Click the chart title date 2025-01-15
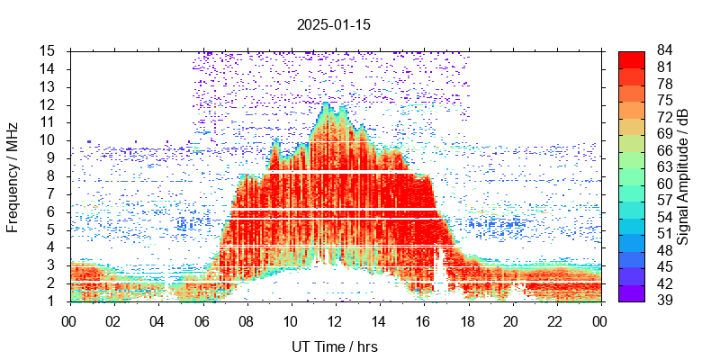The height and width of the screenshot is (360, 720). coord(334,25)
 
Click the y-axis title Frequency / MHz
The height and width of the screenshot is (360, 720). coord(13,176)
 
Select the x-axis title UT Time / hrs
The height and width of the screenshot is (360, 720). coord(334,346)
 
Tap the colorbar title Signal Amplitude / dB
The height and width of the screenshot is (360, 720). coord(683,176)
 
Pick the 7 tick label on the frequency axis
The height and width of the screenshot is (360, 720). coord(52,193)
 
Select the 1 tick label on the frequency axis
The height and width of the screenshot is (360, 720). coord(52,301)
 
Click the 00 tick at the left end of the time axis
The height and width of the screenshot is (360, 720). coord(69,320)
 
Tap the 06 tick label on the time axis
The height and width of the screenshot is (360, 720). coord(202,320)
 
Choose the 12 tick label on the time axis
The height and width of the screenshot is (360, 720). coord(334,320)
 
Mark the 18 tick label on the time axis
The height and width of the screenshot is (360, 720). coord(466,320)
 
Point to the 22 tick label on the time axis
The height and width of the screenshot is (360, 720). coord(554,320)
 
